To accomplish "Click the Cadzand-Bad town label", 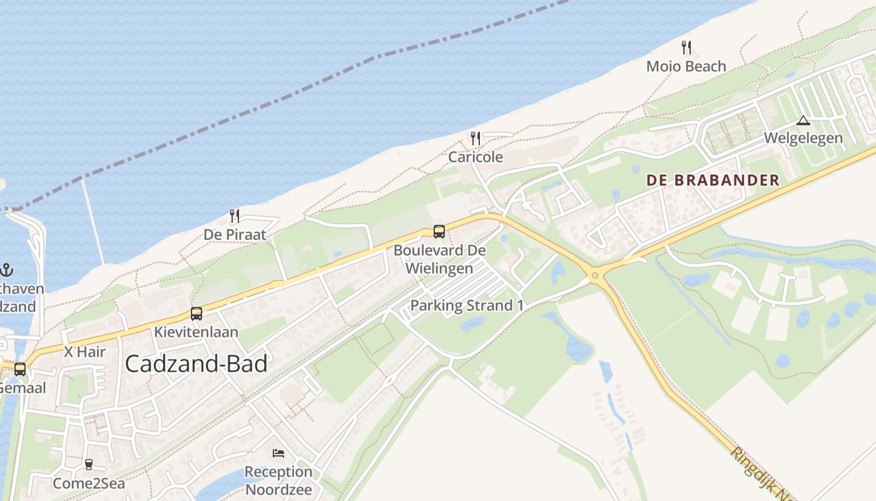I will tap(196, 364).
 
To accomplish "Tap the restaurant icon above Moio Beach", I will tap(686, 47).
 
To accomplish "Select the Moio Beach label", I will tap(686, 66).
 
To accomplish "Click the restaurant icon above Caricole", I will tap(476, 138).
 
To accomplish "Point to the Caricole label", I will tap(476, 157).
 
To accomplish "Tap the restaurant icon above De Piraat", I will tap(235, 216).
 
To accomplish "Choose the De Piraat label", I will tap(235, 235).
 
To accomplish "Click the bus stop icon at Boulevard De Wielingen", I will tap(439, 232).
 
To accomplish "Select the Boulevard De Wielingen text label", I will tap(439, 259).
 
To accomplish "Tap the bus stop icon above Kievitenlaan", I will tap(196, 313).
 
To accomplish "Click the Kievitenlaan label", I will tap(196, 331).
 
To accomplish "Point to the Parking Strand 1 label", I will tap(467, 306).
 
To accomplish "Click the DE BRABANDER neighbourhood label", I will tap(713, 180).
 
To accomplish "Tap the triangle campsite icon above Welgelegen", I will tap(803, 120).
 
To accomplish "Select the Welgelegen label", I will tap(803, 138).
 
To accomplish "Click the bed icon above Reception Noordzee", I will tap(278, 453).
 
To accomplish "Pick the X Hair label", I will tap(85, 352).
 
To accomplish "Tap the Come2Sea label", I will tap(89, 483).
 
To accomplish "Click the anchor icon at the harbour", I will tap(6, 271).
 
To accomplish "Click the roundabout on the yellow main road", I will tap(595, 274).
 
